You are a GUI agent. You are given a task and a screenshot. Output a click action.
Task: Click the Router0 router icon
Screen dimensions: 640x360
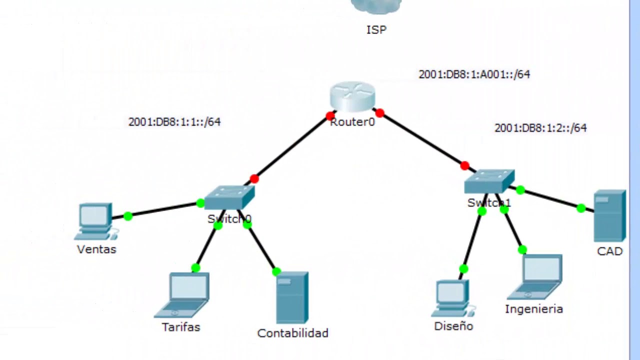(352, 96)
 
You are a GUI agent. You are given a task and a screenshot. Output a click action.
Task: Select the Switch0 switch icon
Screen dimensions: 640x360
(229, 197)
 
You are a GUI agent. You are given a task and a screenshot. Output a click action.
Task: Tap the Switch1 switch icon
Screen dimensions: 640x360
(489, 181)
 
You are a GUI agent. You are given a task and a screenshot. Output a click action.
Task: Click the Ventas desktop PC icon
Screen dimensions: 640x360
(96, 221)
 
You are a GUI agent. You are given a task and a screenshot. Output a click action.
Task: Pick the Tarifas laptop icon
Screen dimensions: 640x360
(182, 295)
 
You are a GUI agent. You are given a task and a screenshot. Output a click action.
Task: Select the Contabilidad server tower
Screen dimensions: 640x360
(292, 297)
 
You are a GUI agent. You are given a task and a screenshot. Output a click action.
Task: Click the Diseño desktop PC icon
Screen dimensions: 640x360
(453, 298)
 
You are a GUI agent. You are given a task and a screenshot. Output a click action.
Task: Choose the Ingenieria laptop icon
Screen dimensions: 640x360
(535, 277)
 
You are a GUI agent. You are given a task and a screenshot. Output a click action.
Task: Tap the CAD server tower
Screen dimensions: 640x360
(609, 215)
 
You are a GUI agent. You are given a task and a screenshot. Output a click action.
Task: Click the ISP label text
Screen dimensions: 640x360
(376, 29)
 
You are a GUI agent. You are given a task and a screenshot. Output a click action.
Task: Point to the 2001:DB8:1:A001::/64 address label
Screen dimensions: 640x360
(474, 74)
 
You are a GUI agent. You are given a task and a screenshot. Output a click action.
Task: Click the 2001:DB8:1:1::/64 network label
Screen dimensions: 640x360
(174, 122)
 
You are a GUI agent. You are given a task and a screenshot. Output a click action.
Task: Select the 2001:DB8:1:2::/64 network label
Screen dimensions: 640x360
(540, 127)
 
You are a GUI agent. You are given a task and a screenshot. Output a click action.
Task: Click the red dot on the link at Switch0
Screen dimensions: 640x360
(254, 179)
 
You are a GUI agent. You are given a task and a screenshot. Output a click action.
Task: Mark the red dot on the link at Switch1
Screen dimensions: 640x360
(465, 165)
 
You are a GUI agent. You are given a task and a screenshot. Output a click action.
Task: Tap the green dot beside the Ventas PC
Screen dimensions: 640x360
(128, 216)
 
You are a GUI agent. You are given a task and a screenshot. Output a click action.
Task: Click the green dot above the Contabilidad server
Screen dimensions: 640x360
(276, 271)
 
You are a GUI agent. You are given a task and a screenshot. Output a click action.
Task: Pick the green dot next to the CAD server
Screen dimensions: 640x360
(581, 208)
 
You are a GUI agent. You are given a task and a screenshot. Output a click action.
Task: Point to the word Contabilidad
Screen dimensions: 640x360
(292, 333)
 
